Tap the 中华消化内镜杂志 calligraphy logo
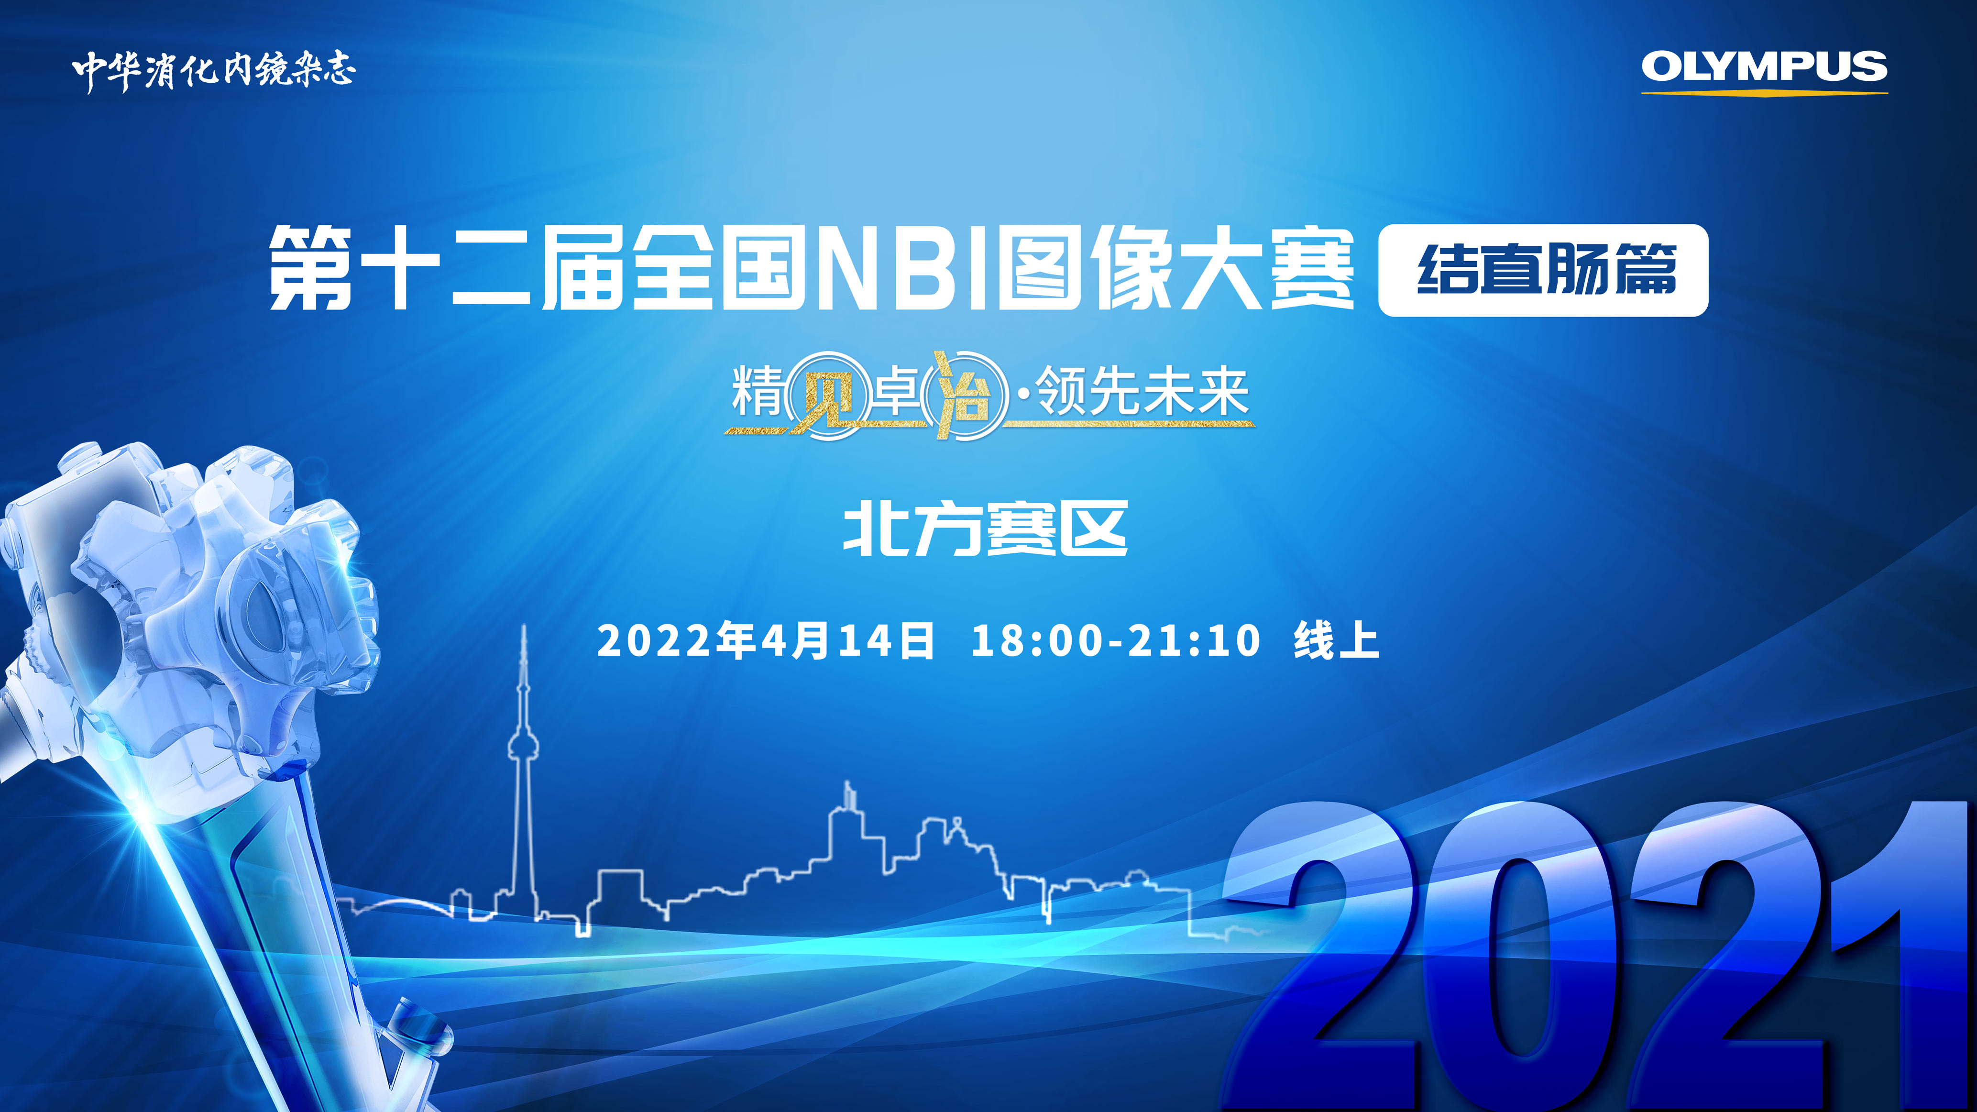(214, 71)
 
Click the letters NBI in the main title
(903, 269)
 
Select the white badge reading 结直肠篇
(1543, 270)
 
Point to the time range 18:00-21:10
(1116, 641)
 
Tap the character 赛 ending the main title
(1312, 269)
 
